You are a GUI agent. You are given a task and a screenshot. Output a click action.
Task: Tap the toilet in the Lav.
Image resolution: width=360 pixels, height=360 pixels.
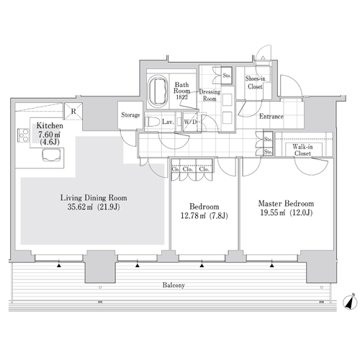[153, 122]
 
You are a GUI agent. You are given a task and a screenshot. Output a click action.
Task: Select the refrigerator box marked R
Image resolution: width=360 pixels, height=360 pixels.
[73, 111]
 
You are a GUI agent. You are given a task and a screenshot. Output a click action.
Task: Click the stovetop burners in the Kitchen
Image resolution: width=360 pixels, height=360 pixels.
[23, 135]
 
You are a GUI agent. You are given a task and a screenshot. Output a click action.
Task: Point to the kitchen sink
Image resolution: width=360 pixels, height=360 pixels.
[51, 155]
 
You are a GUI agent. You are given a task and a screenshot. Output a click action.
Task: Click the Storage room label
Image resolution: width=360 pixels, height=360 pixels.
[130, 115]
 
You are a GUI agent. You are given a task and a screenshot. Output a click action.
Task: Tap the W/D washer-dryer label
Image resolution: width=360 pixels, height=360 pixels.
[190, 122]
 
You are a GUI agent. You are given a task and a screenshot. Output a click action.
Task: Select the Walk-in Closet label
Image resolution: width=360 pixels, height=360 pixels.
[302, 150]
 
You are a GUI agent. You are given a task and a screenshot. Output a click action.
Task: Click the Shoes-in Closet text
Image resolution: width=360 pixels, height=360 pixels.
[255, 83]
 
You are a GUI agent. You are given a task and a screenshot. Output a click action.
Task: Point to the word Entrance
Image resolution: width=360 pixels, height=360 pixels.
[271, 117]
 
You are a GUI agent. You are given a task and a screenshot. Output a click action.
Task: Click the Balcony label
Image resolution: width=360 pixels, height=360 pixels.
[174, 285]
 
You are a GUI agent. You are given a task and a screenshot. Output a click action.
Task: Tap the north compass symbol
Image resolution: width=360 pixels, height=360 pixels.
[349, 302]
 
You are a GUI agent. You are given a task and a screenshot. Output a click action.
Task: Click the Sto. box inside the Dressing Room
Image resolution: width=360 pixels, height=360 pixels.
[227, 76]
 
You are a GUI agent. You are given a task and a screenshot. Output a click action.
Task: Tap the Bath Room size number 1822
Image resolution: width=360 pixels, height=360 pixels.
[181, 97]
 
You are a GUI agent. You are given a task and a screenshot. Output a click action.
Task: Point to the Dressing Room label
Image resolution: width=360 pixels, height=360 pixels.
[210, 95]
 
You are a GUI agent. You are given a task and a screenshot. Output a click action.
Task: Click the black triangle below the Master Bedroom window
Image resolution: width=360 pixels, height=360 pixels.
[271, 266]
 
